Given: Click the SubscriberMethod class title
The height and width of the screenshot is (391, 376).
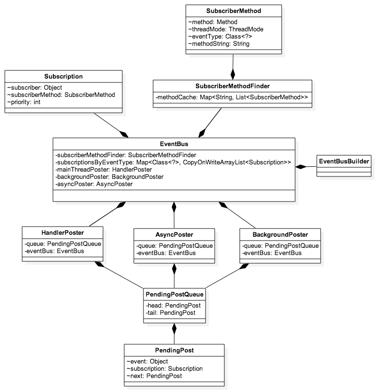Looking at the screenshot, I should point(233,10).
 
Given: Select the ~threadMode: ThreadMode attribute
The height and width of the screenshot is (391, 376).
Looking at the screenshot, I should point(226,29).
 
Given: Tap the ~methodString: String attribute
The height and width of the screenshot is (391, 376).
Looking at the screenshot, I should point(219,43).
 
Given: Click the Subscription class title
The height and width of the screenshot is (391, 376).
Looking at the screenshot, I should point(64,76).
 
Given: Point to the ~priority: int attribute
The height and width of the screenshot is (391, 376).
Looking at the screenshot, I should point(24,102).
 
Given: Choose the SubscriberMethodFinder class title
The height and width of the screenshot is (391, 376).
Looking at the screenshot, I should point(233,86).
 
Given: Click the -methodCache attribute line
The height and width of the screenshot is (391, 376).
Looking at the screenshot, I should point(232,98).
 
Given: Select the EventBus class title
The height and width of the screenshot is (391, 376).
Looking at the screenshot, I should point(174,144).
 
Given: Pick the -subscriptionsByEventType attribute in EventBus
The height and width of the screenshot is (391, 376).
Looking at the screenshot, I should point(173,162).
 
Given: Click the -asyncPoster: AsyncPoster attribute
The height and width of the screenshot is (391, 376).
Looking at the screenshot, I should point(94,184).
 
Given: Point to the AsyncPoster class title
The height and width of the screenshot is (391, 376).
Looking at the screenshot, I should point(174,234).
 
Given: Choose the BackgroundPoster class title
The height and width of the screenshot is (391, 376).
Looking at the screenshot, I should point(280,234).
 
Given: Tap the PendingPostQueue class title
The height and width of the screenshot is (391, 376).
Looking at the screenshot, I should point(174,294).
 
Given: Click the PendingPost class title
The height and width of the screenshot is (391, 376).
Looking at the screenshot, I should point(174,350).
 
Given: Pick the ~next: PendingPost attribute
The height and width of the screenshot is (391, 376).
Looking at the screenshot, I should point(154,376).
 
